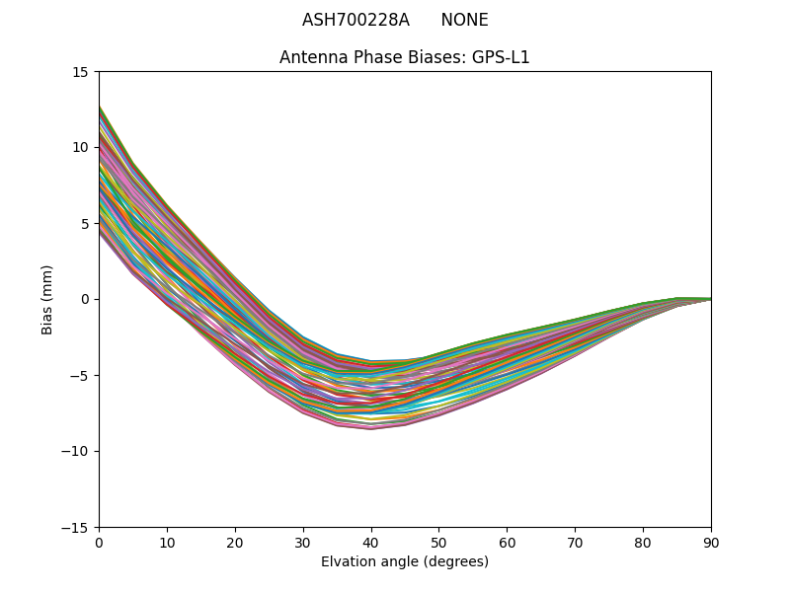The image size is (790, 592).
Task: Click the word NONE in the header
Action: (x=464, y=20)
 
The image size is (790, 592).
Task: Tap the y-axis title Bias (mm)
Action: (x=47, y=299)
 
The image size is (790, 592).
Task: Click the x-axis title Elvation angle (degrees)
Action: (x=405, y=561)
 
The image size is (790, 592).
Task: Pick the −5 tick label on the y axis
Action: (x=82, y=375)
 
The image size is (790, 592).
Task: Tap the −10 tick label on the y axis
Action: (x=78, y=451)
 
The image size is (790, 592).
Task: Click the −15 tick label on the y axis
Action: (x=78, y=527)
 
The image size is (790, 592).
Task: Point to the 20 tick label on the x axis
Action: (x=235, y=543)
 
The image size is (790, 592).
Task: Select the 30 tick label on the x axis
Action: (x=303, y=543)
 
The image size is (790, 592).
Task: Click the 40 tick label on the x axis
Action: (x=371, y=543)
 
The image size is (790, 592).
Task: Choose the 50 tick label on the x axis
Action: (x=438, y=543)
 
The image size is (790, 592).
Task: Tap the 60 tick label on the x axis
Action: (x=507, y=543)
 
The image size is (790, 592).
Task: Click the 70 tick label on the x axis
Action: (x=575, y=543)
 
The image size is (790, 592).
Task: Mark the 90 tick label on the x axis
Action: (x=711, y=543)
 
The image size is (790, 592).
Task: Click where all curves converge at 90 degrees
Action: (x=710, y=299)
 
